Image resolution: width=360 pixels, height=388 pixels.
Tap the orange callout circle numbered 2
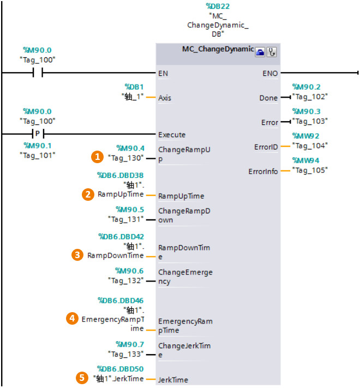pos(87,194)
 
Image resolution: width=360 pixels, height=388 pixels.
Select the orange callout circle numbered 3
pos(78,255)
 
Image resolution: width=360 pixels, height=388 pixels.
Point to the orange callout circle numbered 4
pos(71,318)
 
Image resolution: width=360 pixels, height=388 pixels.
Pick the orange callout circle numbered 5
pos(82,377)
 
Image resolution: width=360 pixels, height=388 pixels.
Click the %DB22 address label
pos(217,7)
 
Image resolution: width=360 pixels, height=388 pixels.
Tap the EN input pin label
pos(163,73)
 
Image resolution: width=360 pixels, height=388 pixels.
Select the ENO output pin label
pos(269,73)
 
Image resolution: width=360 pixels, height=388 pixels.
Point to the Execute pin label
pos(172,134)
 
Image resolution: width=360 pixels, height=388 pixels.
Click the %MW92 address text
pos(305,136)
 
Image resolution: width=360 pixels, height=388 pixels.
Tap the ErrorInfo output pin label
pos(263,171)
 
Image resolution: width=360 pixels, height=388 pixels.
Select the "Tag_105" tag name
pos(310,170)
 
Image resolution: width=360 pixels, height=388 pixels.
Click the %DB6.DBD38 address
pos(121,175)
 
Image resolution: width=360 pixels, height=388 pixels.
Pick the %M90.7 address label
pos(130,344)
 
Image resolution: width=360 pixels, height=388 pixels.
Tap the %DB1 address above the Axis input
pos(134,86)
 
